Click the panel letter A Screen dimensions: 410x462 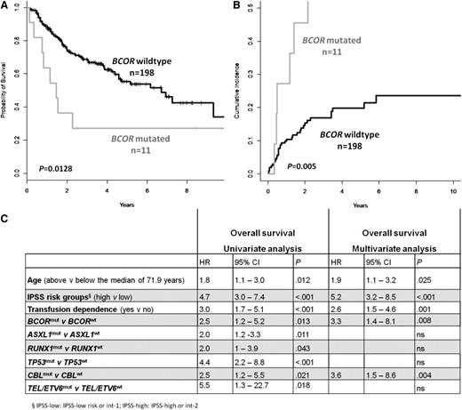tap(5, 6)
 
